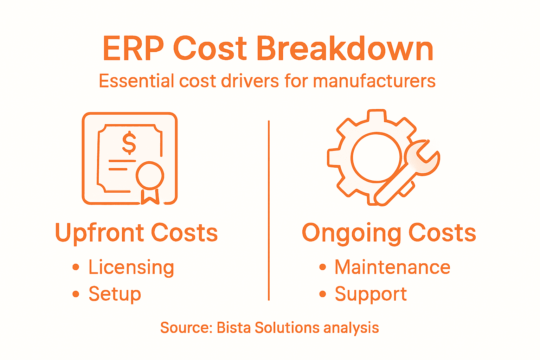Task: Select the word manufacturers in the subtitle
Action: pyautogui.click(x=374, y=81)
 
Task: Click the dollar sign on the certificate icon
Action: pyautogui.click(x=129, y=143)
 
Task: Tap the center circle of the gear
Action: pyautogui.click(x=377, y=157)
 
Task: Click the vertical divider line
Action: pyautogui.click(x=269, y=211)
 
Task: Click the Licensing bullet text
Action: pyautogui.click(x=131, y=268)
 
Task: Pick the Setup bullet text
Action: pyautogui.click(x=115, y=294)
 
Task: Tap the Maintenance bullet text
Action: pyautogui.click(x=392, y=267)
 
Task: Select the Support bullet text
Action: pyautogui.click(x=371, y=294)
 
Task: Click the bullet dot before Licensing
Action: pyautogui.click(x=76, y=267)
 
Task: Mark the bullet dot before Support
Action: pyautogui.click(x=323, y=294)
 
